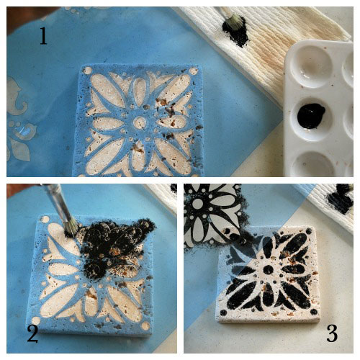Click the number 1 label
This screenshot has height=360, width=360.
[43, 34]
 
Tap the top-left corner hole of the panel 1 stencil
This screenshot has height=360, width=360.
[88, 71]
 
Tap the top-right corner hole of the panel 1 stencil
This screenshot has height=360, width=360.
[194, 71]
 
